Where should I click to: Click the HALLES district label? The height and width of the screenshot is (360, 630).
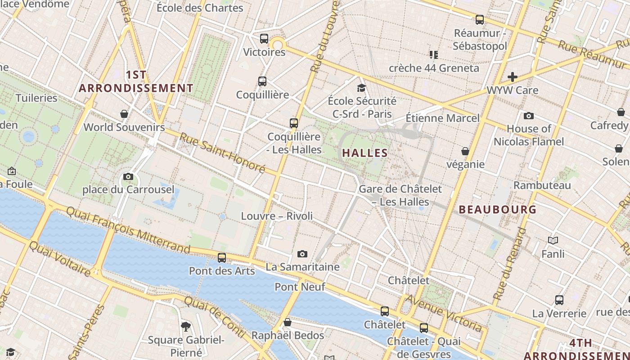365,153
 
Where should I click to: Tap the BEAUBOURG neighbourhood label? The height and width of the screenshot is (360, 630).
498,209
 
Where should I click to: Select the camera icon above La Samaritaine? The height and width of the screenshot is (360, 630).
302,254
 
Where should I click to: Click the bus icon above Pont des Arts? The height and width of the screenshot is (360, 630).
221,258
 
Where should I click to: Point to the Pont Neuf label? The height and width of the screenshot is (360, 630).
300,287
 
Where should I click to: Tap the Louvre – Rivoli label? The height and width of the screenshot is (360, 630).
277,216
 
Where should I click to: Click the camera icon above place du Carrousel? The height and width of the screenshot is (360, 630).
128,176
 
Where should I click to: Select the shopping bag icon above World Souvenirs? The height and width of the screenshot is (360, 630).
124,114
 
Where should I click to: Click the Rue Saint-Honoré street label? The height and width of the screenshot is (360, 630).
222,153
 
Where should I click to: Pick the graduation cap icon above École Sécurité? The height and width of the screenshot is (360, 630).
361,88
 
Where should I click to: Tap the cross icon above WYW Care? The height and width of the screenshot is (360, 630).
512,77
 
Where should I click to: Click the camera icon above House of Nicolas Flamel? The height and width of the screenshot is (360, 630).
528,116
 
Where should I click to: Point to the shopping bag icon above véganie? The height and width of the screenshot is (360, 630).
465,151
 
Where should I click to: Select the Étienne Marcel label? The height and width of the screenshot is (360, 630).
443,118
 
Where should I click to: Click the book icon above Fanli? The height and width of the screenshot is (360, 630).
553,241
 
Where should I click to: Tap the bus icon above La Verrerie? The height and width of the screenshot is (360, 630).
559,300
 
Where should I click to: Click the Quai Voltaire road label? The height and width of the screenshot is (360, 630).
60,258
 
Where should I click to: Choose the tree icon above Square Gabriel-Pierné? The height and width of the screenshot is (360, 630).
185,326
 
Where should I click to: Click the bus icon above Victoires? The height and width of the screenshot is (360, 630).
264,39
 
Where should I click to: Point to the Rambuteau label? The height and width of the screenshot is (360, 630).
542,185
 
